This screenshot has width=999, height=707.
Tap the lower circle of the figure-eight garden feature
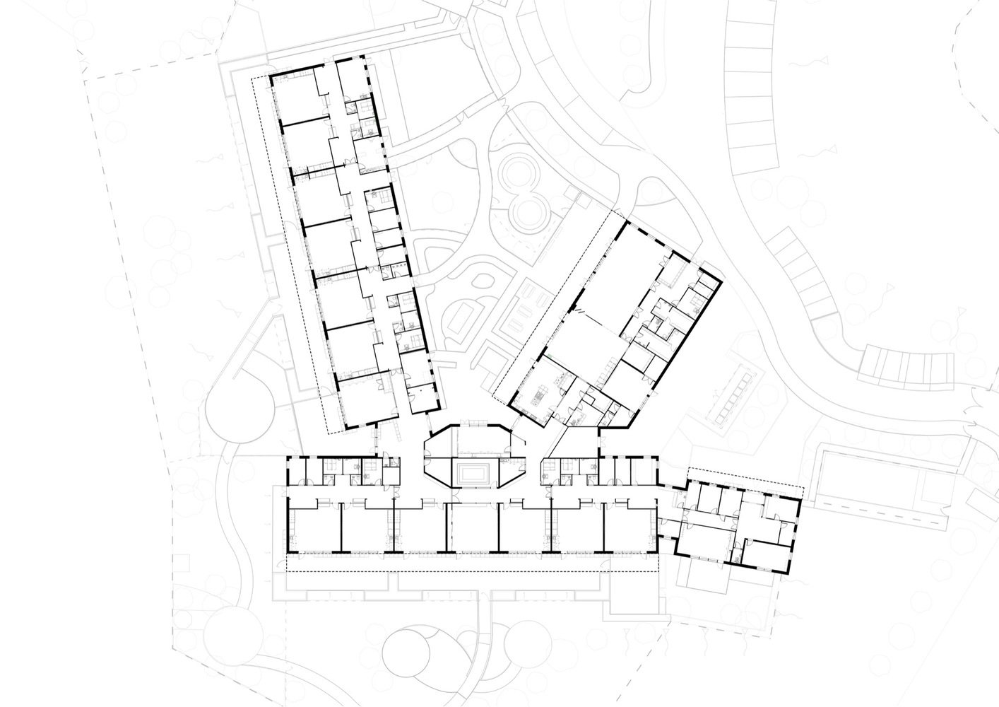(x=528, y=211)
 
